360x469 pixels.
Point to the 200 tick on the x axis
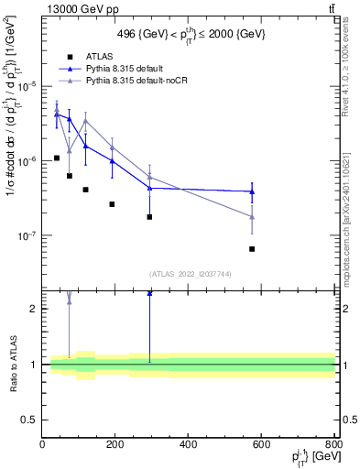[x=116, y=444]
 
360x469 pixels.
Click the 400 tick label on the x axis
[x=189, y=444]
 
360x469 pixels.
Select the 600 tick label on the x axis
[x=262, y=444]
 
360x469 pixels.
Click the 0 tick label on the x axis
[x=43, y=444]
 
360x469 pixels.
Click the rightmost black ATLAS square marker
[x=252, y=249]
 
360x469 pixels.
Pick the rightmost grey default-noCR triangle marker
[x=252, y=217]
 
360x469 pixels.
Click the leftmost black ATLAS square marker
[x=57, y=158]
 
